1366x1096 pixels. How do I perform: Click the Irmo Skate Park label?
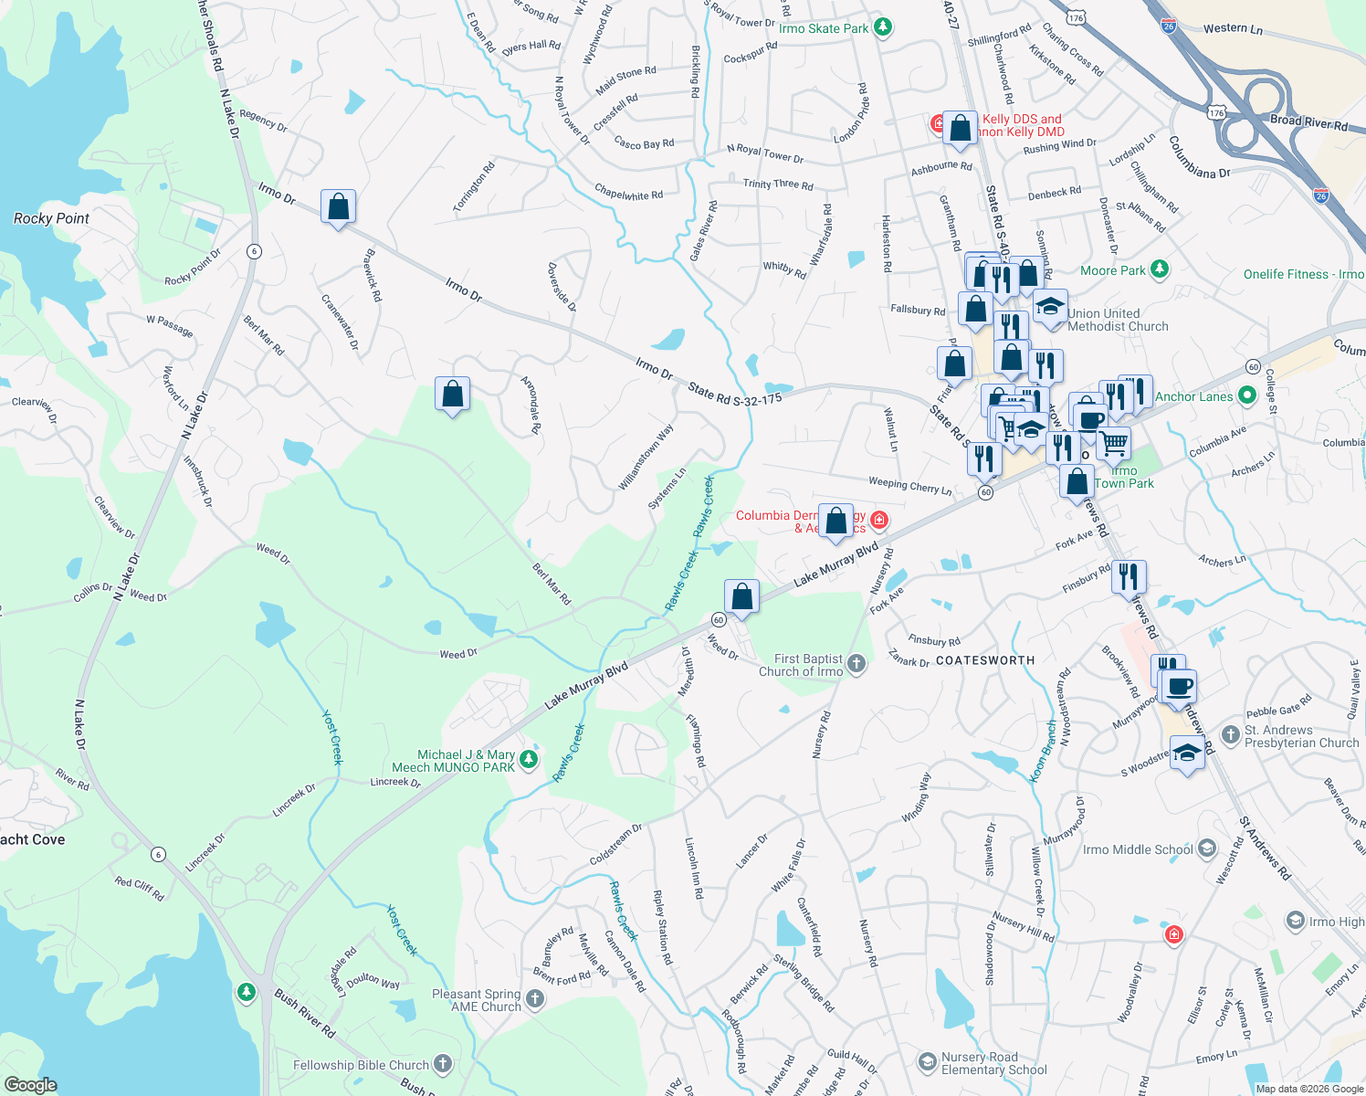coord(824,28)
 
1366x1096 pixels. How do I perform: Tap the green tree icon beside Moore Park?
coord(1159,269)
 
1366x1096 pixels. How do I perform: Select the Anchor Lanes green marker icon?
coord(1246,396)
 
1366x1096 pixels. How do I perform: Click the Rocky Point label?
coord(51,218)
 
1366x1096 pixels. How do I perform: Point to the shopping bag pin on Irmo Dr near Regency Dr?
coord(338,207)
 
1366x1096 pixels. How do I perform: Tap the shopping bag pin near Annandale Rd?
coord(453,395)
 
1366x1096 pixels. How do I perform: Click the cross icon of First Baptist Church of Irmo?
coord(856,664)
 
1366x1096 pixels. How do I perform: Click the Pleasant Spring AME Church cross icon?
coord(535,999)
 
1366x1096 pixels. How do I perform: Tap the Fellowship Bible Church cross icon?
coord(443,1063)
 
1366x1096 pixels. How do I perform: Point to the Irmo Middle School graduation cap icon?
coord(1206,848)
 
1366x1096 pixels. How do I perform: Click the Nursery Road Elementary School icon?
coord(928,1062)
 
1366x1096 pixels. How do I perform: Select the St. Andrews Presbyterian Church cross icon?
coord(1230,735)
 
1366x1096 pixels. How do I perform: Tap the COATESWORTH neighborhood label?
coord(985,660)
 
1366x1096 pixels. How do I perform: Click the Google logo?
coord(31,1084)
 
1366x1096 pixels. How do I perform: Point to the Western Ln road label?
coord(1233,29)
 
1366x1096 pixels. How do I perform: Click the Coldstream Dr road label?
coord(615,846)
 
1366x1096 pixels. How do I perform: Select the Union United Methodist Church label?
coord(1118,320)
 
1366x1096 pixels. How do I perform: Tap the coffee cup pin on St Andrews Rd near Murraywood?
coord(1180,686)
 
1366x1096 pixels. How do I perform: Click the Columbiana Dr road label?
coord(1199,158)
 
